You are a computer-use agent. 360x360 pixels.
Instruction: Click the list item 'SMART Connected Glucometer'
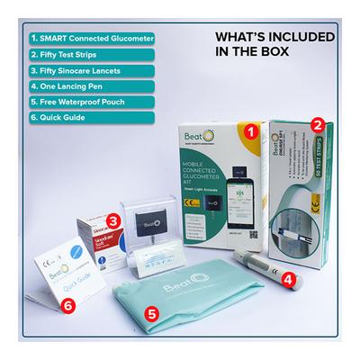pyautogui.click(x=87, y=40)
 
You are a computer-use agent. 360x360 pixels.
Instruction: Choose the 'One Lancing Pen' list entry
pyautogui.click(x=67, y=88)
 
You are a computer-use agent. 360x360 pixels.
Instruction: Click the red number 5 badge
pyautogui.click(x=153, y=314)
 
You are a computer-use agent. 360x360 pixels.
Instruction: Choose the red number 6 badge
pyautogui.click(x=66, y=305)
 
